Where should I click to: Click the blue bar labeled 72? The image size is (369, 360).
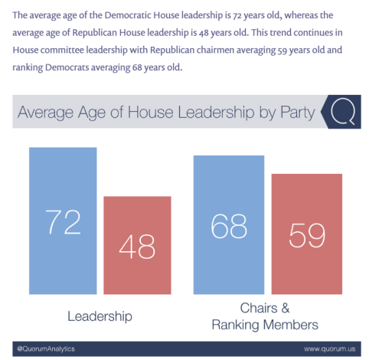pos(63,221)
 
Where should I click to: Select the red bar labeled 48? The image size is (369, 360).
pos(137,245)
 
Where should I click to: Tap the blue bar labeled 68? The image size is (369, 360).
pos(229,224)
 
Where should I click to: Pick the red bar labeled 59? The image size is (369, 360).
pos(307,234)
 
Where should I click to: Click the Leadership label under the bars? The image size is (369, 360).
pos(100,316)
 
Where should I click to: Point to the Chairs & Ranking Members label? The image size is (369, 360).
pos(265,316)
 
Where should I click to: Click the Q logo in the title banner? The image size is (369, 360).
pos(343,112)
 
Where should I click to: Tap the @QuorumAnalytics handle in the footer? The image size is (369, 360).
pos(46,349)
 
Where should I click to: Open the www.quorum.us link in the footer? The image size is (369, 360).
pos(330,349)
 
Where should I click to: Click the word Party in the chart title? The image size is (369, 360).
pos(298,113)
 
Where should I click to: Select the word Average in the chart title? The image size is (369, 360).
pos(45,113)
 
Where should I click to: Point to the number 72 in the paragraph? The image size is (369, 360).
pos(237,15)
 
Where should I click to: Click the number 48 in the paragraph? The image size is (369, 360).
pos(204,33)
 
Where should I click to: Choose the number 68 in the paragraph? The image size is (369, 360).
pos(137,67)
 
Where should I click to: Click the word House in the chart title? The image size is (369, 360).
pos(151,112)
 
